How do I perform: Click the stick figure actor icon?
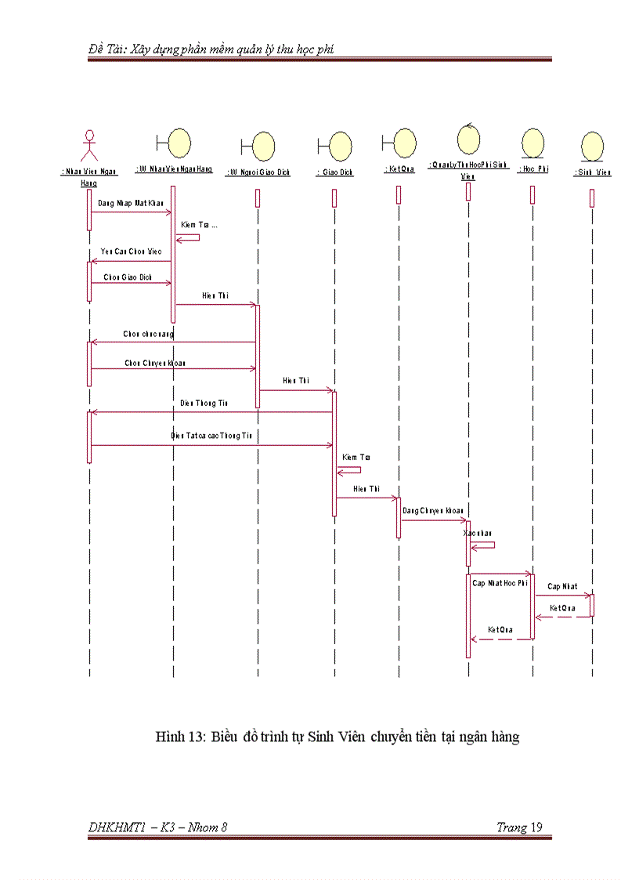(89, 147)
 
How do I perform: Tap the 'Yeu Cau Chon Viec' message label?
(131, 252)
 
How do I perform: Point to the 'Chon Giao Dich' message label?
(128, 277)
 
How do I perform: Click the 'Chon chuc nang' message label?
(148, 334)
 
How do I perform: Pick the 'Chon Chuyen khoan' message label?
(155, 363)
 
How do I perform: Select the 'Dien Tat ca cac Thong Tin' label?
(211, 435)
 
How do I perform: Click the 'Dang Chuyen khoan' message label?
(432, 511)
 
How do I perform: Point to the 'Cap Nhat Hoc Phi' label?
(500, 583)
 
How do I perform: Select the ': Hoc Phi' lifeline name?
(532, 169)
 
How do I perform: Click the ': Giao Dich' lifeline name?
(334, 172)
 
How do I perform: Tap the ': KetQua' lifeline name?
(399, 168)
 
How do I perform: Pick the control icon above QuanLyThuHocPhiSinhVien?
(468, 139)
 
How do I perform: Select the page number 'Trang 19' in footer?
(519, 827)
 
